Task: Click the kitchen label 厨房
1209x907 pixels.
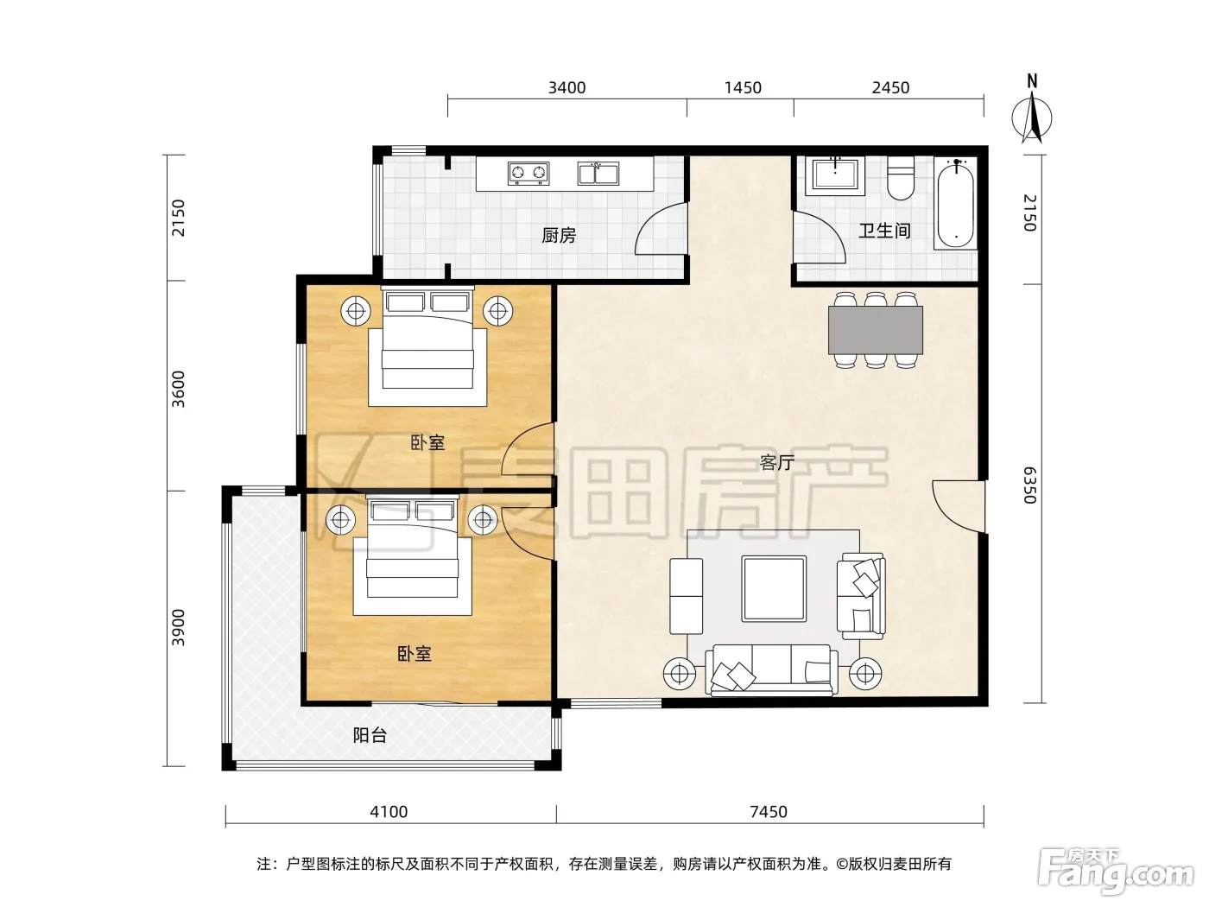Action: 559,236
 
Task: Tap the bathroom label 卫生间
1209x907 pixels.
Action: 884,230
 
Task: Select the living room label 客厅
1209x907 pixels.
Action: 776,462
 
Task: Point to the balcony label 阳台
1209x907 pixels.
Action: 370,734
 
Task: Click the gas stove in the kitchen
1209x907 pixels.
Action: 529,174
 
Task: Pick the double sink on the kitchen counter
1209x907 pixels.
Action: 598,174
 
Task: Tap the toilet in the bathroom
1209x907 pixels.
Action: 901,177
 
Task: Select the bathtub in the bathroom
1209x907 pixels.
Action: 956,203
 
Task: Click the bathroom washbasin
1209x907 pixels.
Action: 835,175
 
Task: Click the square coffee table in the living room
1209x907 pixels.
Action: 774,588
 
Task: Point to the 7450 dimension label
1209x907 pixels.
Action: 769,811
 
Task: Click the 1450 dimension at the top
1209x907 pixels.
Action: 743,87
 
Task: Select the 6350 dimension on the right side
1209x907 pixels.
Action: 1029,485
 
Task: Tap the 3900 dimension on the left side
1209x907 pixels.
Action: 178,628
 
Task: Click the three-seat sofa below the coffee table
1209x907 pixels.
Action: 772,670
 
